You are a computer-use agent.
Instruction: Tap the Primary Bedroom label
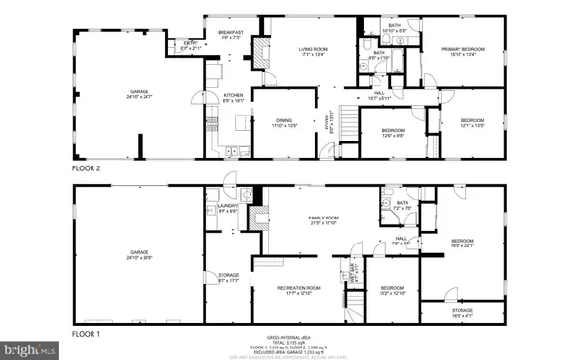[462, 50]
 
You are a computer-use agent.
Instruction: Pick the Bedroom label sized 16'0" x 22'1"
[463, 243]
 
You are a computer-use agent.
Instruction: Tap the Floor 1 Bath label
[403, 203]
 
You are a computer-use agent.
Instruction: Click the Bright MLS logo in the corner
[27, 351]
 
